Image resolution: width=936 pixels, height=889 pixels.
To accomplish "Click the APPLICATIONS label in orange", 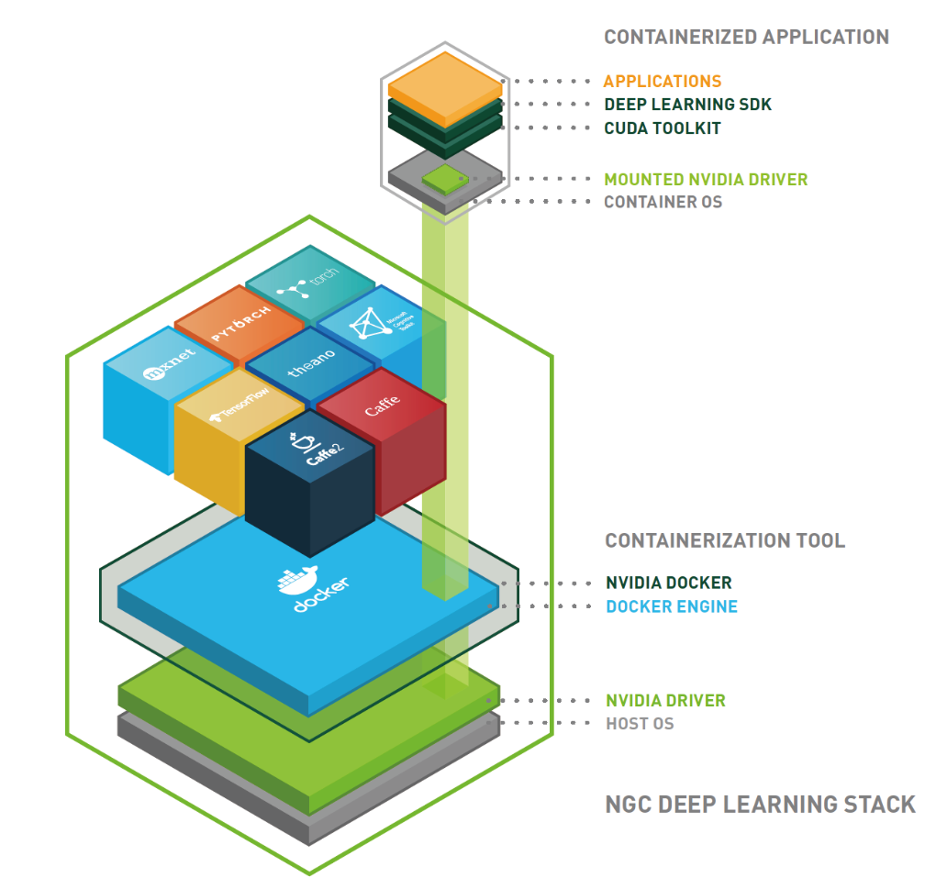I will point(662,82).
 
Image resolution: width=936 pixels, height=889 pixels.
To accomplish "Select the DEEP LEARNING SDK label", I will point(687,105).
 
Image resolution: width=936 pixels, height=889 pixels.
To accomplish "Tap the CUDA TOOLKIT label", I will point(662,128).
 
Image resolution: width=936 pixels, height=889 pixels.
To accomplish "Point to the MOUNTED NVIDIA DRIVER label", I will point(705,179).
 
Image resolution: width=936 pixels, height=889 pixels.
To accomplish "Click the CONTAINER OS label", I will point(663,202).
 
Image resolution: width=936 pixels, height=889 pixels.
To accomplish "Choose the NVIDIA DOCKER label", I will point(668,583).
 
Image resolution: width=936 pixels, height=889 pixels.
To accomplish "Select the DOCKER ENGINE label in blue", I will point(671,606).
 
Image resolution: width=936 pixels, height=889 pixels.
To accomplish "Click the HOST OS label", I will point(640,724).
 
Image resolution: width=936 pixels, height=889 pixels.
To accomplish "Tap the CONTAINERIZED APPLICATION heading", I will point(746,38).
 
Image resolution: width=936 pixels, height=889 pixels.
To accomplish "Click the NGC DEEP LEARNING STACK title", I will point(760,805).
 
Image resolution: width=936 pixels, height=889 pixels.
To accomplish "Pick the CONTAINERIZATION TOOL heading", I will point(725,540).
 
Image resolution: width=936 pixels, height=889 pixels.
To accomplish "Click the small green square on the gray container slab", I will point(444,178).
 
